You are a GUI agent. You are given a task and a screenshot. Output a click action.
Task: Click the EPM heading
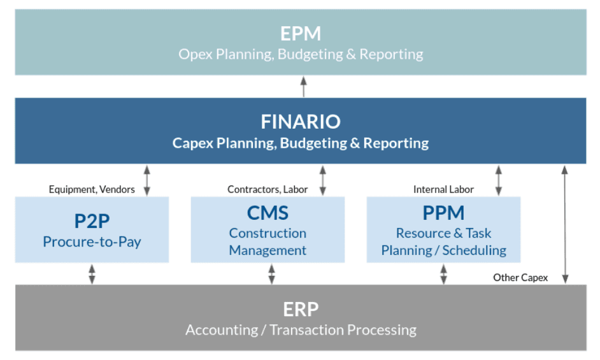(x=301, y=34)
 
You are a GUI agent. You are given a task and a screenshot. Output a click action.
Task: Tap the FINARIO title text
(x=301, y=122)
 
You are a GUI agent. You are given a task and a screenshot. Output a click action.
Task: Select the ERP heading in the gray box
(x=301, y=310)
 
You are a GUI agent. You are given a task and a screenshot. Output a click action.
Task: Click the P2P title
(x=92, y=221)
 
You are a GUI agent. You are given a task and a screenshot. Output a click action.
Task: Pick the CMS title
(x=268, y=213)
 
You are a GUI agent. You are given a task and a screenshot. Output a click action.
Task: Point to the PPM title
(x=443, y=213)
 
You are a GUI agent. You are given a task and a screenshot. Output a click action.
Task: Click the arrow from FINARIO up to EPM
(x=303, y=87)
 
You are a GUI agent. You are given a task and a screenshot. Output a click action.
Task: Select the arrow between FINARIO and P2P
(x=147, y=180)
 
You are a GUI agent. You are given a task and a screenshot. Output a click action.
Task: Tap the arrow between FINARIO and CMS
(x=323, y=180)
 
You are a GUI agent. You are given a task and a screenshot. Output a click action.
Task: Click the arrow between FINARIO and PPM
(x=499, y=180)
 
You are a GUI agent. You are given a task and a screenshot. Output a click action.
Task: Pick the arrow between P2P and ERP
(x=92, y=274)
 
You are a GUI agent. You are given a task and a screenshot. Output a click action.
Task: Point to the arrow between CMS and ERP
(x=272, y=274)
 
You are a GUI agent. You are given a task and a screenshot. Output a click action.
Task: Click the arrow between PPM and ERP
(x=443, y=274)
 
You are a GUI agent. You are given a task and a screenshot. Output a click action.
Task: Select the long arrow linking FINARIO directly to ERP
(x=565, y=224)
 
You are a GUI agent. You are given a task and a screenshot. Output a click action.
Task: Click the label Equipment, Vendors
(x=92, y=190)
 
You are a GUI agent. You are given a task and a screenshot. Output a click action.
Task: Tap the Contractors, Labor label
(x=268, y=190)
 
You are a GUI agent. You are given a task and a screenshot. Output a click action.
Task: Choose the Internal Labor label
(x=443, y=190)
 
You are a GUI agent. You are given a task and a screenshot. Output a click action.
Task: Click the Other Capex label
(x=520, y=278)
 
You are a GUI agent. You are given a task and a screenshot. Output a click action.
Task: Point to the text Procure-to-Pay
(x=92, y=242)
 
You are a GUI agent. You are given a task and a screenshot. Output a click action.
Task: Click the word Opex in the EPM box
(x=196, y=55)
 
